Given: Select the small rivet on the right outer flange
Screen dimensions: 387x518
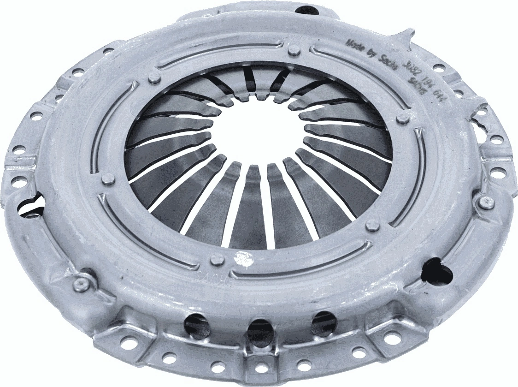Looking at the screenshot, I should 486,201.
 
